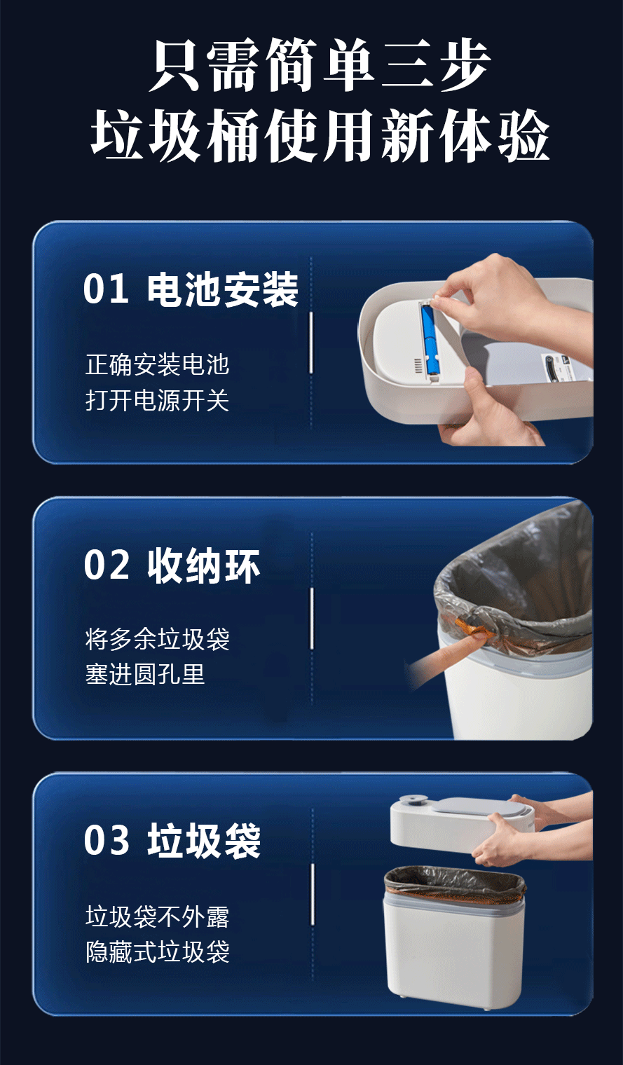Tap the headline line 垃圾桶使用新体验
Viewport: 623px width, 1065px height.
(320, 135)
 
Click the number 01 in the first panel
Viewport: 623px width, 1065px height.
(106, 289)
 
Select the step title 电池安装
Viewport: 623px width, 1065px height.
(223, 289)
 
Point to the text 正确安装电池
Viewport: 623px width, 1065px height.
(158, 364)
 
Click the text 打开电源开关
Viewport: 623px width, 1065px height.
(158, 400)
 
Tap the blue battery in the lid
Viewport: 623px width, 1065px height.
(430, 339)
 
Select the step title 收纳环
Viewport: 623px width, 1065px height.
(203, 565)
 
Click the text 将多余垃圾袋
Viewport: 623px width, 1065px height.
(158, 639)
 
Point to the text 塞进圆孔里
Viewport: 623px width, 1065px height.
(145, 674)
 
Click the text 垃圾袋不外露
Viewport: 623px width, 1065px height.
(158, 916)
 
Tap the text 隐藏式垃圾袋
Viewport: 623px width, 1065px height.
(158, 951)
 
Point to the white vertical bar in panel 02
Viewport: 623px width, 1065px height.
(312, 618)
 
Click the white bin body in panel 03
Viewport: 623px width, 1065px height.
(454, 951)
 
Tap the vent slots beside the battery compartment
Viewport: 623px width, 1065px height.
(418, 365)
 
